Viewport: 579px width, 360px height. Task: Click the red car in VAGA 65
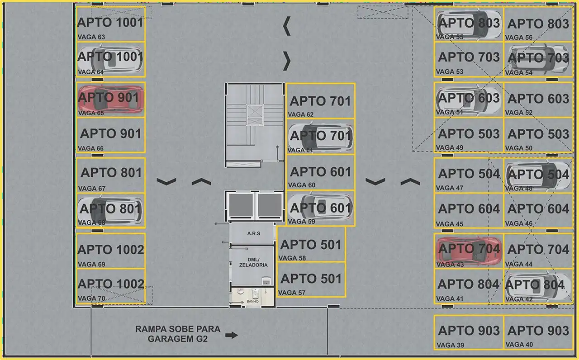tap(111, 99)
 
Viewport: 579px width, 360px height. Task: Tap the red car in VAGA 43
tap(469, 251)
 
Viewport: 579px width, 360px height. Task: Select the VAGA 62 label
tap(301, 114)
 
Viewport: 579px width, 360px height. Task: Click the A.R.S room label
tap(254, 233)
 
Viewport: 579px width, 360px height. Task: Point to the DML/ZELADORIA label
tap(253, 262)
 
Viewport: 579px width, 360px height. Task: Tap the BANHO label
tap(252, 302)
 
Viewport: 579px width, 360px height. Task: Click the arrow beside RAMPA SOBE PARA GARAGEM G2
tap(231, 335)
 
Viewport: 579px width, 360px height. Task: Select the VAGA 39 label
tap(450, 345)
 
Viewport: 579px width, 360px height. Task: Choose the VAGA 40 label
tap(519, 345)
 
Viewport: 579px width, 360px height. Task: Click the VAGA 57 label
tap(292, 293)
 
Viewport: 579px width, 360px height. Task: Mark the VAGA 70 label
tap(91, 298)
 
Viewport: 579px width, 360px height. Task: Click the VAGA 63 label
tap(91, 37)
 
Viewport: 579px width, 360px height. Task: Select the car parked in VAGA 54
tap(538, 59)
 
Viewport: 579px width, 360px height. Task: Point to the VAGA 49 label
tap(450, 147)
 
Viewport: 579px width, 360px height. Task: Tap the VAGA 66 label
tap(90, 148)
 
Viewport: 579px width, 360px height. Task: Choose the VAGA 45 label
tap(450, 223)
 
